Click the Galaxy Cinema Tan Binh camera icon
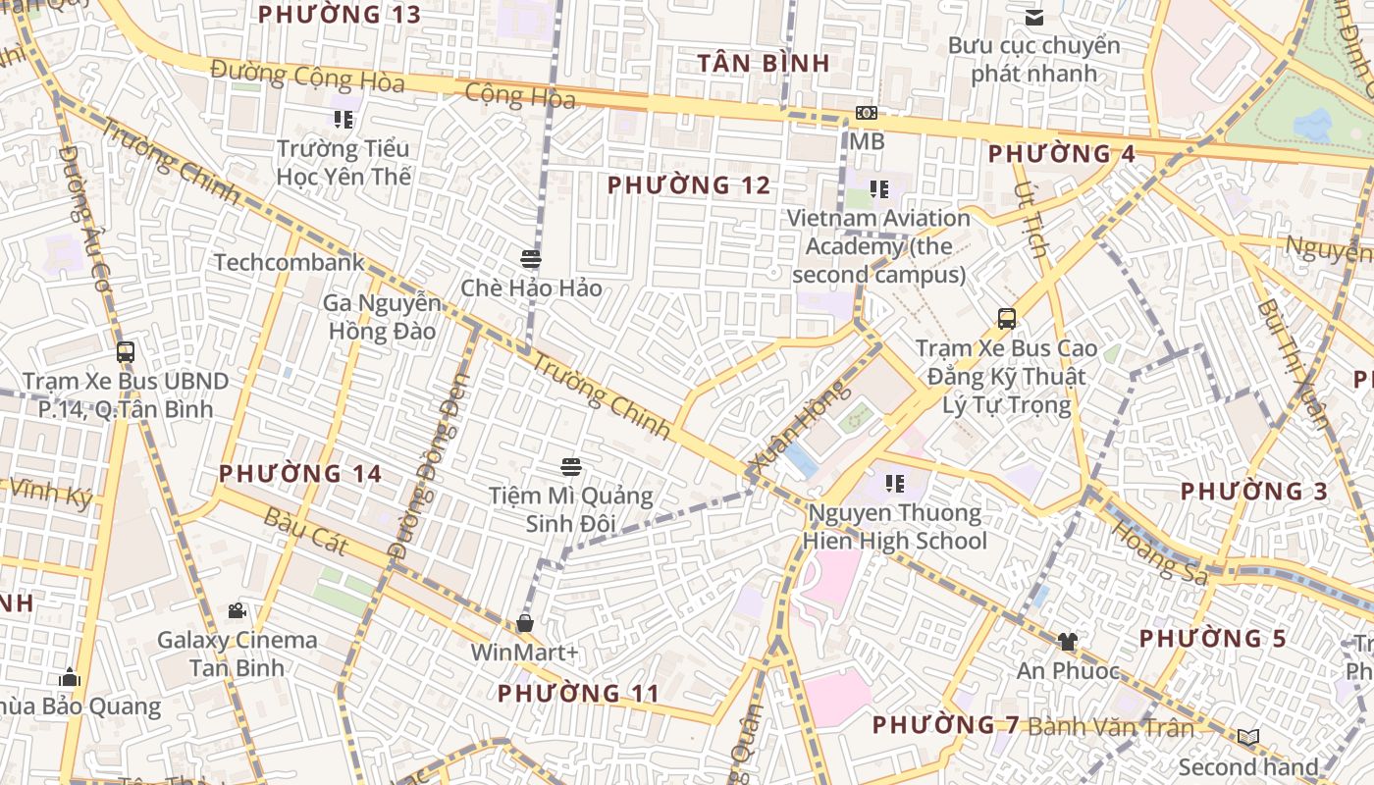point(237,611)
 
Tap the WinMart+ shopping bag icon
point(525,623)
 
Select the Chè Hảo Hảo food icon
point(531,259)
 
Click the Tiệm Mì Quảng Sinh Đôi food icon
point(571,466)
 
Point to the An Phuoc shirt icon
point(1068,642)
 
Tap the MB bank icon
point(866,113)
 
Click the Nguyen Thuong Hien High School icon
point(894,483)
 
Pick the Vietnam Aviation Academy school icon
point(878,188)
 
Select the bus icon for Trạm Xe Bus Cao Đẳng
point(1006,319)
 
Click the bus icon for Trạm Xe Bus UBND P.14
point(125,352)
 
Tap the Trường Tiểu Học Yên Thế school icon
point(343,120)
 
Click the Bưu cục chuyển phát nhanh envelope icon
point(1034,17)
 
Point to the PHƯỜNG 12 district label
point(689,184)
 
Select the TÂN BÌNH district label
point(764,63)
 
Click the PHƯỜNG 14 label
point(299,473)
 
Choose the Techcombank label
point(289,262)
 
